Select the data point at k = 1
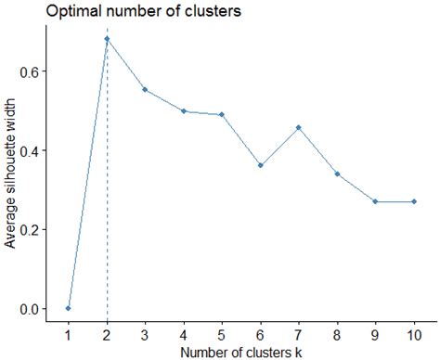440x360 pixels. click(x=69, y=308)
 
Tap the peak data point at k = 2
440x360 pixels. click(x=107, y=39)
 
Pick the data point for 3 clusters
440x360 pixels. click(x=146, y=90)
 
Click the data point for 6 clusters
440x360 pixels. click(x=260, y=165)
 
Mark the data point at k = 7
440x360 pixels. click(x=298, y=127)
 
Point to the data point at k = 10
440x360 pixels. click(x=413, y=201)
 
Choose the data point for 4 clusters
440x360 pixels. click(x=184, y=110)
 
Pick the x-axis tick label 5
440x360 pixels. click(x=222, y=334)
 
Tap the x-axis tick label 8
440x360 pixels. click(x=336, y=334)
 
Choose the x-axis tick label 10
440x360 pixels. click(x=413, y=334)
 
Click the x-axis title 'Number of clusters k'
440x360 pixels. click(x=241, y=351)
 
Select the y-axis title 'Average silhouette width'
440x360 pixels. click(x=11, y=174)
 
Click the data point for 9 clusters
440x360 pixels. click(x=375, y=201)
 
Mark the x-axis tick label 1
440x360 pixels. click(x=69, y=334)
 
